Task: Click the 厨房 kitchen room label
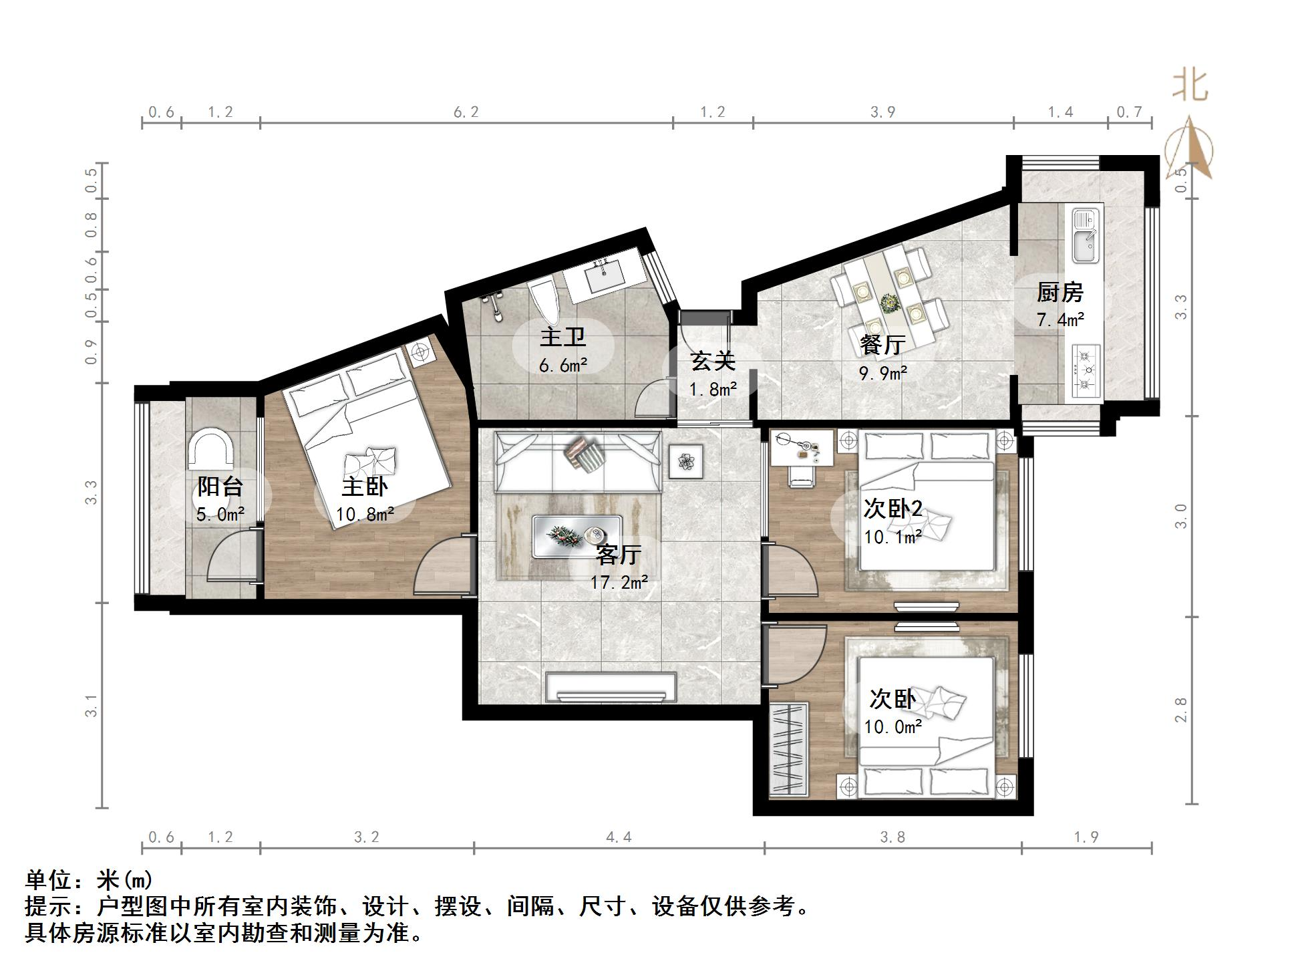(x=1060, y=293)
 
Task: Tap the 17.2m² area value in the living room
(x=619, y=582)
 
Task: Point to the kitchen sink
(x=1086, y=237)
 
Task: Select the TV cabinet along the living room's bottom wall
(x=611, y=688)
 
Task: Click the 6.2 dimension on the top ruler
(x=466, y=112)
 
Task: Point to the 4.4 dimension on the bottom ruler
(x=619, y=837)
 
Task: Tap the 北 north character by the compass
(x=1189, y=86)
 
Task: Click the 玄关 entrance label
(x=713, y=362)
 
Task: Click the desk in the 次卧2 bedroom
(x=801, y=446)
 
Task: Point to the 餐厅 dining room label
(x=882, y=345)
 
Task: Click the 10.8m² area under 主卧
(x=365, y=514)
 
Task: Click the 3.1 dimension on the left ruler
(x=92, y=706)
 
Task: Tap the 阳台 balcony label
(x=220, y=486)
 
